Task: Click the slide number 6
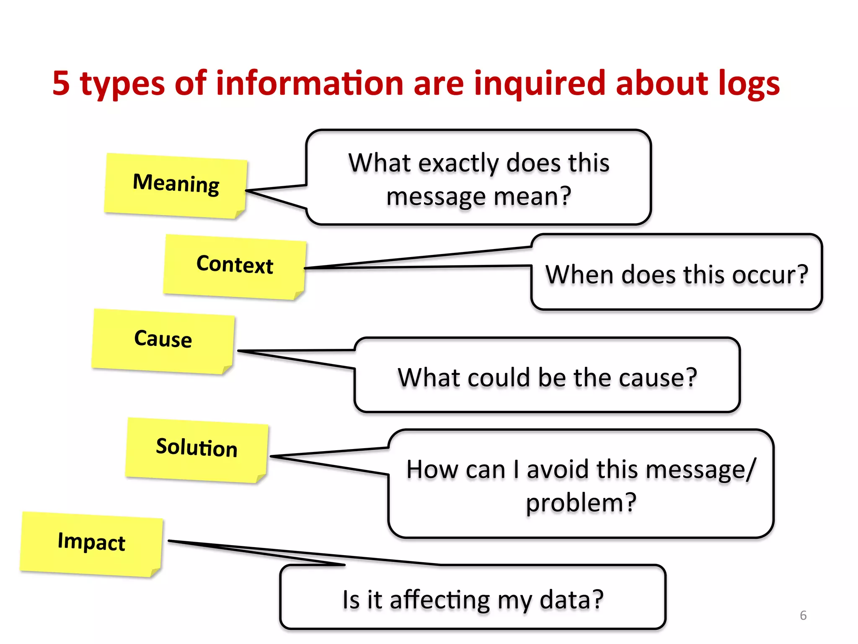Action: (803, 615)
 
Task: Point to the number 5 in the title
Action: (61, 83)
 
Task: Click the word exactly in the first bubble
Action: (458, 164)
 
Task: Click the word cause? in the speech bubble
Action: (658, 378)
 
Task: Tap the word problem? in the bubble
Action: (581, 503)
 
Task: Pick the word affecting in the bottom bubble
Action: (439, 600)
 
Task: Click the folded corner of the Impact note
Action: (155, 572)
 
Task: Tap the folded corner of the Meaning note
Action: (240, 214)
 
